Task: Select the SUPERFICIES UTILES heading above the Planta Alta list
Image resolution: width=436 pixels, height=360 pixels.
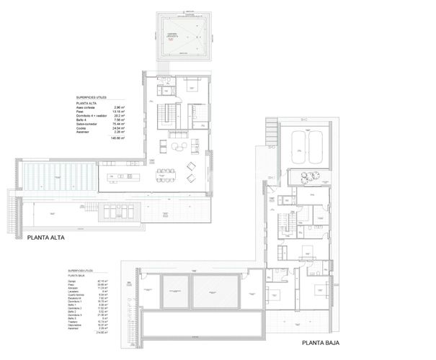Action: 94,96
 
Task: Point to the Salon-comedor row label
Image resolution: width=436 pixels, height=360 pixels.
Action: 87,123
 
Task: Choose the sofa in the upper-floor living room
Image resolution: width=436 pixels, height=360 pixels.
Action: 177,135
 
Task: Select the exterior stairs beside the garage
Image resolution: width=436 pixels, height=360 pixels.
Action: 271,132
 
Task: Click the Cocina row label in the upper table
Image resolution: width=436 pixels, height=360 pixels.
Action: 82,127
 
